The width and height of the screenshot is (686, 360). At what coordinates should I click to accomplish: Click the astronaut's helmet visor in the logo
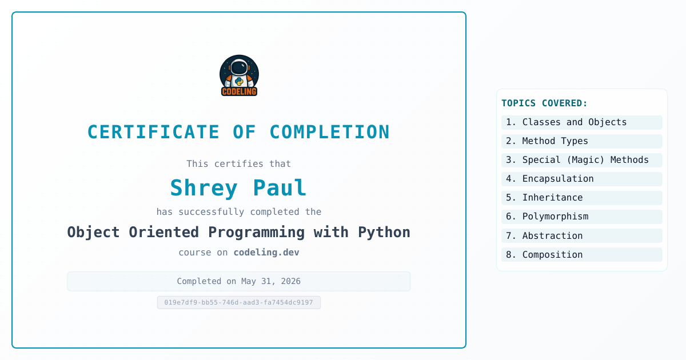pyautogui.click(x=239, y=67)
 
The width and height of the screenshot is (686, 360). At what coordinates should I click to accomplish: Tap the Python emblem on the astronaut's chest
pyautogui.click(x=239, y=81)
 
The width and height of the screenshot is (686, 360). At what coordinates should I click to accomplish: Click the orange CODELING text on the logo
pyautogui.click(x=239, y=91)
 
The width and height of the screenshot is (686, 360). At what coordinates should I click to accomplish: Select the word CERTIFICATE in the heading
pyautogui.click(x=153, y=132)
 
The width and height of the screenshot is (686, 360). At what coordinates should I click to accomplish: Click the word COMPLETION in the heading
pyautogui.click(x=329, y=132)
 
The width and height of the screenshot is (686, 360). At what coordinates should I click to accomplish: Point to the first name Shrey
pyautogui.click(x=204, y=187)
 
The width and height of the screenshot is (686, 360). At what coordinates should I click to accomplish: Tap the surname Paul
pyautogui.click(x=280, y=187)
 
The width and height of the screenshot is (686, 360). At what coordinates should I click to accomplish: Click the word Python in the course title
pyautogui.click(x=384, y=233)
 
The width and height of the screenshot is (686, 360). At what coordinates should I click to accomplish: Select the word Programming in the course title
pyautogui.click(x=256, y=233)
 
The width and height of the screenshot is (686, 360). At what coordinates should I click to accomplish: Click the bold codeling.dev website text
pyautogui.click(x=266, y=252)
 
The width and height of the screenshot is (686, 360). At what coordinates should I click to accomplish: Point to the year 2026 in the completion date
pyautogui.click(x=290, y=281)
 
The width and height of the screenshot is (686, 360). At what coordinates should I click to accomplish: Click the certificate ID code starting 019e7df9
pyautogui.click(x=239, y=302)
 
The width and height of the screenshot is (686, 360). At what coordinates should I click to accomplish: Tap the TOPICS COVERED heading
pyautogui.click(x=544, y=103)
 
